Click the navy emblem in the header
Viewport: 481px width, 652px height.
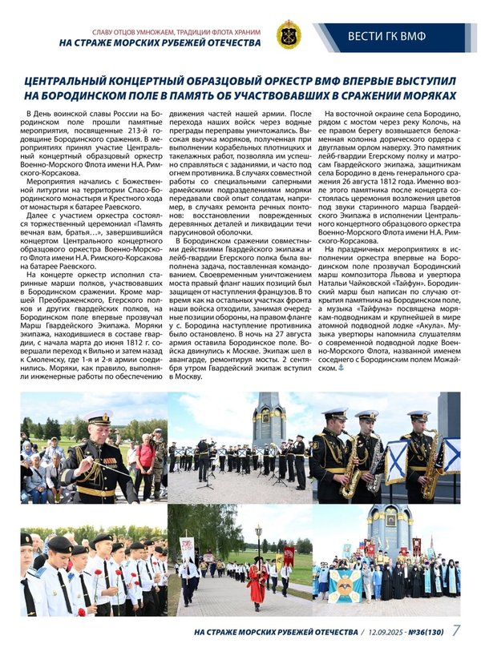(288, 36)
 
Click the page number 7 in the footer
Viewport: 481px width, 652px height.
(455, 630)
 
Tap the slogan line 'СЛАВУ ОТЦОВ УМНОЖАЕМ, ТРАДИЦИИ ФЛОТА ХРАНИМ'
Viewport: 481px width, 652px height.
(165, 31)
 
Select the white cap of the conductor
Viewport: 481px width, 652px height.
(98, 417)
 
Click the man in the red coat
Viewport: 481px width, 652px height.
(257, 582)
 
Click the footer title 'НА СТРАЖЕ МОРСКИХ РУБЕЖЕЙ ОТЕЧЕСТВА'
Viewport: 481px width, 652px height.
(276, 631)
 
